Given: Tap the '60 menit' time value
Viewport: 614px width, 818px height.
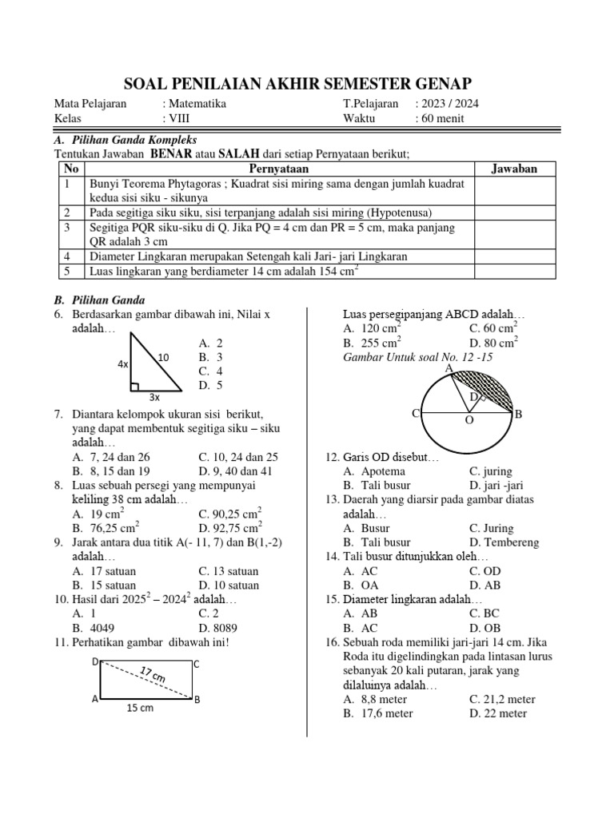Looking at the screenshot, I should coord(440,119).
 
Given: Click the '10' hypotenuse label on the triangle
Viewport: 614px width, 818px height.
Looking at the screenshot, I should coord(164,357).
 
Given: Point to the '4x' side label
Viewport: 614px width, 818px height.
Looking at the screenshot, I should coord(122,364).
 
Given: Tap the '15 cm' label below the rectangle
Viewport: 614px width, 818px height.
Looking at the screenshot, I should coord(142,708).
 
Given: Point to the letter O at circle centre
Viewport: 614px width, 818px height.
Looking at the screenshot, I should coord(469,419).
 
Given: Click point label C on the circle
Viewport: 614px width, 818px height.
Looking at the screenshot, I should coord(416,413).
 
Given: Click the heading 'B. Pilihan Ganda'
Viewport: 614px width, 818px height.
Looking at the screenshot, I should coord(98,300).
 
